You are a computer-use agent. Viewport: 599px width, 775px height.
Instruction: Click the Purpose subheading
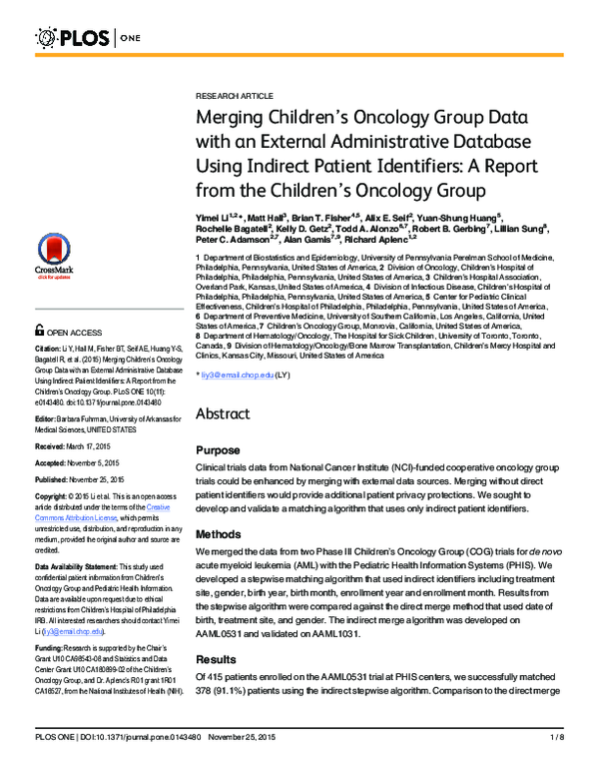coord(217,450)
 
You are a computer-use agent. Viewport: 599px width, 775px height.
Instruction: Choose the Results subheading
coord(217,660)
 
